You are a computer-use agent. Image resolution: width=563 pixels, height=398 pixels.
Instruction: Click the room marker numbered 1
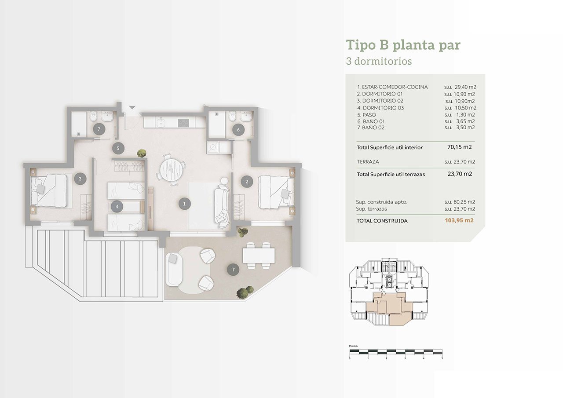pyautogui.click(x=184, y=204)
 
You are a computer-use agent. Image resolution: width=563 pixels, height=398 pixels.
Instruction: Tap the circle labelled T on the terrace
pyautogui.click(x=233, y=270)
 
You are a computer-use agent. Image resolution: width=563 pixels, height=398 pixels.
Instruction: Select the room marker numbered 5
pyautogui.click(x=118, y=148)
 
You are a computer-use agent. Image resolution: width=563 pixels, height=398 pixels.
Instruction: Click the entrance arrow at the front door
pyautogui.click(x=132, y=108)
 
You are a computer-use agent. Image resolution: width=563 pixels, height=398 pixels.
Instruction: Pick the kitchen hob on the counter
pyautogui.click(x=183, y=123)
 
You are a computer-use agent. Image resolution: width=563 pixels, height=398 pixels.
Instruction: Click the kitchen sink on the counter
pyautogui.click(x=161, y=123)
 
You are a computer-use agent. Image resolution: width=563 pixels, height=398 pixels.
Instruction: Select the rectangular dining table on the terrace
pyautogui.click(x=259, y=255)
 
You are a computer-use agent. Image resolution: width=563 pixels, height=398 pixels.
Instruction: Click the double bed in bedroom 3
pyautogui.click(x=49, y=191)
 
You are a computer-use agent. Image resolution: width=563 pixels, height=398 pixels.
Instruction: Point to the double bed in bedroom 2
pyautogui.click(x=276, y=192)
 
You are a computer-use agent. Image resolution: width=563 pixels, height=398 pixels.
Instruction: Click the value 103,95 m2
pyautogui.click(x=459, y=220)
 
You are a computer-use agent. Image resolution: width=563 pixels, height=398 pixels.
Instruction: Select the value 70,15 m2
pyautogui.click(x=460, y=147)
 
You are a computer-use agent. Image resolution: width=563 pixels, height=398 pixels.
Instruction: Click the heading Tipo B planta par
pyautogui.click(x=403, y=45)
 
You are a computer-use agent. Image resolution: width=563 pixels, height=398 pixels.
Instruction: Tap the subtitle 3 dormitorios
pyautogui.click(x=379, y=61)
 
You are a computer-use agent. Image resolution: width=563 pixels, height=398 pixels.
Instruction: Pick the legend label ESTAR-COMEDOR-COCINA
pyautogui.click(x=395, y=87)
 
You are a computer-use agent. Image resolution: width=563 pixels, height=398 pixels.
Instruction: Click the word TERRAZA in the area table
pyautogui.click(x=368, y=161)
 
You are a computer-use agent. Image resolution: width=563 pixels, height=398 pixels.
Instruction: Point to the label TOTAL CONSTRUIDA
pyautogui.click(x=382, y=221)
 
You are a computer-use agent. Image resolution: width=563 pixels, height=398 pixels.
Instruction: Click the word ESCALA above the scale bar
pyautogui.click(x=353, y=346)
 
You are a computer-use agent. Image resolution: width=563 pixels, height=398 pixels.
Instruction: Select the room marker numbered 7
pyautogui.click(x=99, y=129)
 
